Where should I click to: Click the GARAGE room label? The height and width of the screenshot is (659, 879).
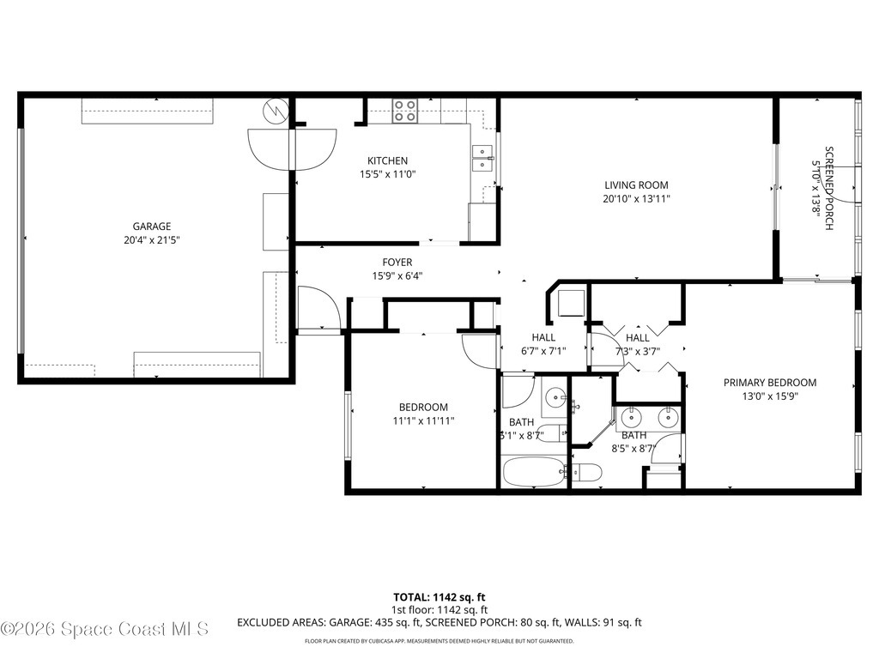tap(151, 227)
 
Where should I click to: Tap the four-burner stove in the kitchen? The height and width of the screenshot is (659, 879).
tap(405, 111)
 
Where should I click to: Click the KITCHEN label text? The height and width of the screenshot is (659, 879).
tap(387, 160)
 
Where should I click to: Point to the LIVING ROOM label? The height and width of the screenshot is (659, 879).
tap(635, 184)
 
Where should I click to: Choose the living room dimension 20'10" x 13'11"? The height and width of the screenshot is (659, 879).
tap(635, 199)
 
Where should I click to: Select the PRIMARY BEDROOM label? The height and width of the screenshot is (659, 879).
tap(769, 383)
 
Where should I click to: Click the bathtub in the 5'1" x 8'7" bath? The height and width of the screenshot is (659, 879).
tap(533, 471)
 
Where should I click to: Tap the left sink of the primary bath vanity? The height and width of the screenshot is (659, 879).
tap(632, 417)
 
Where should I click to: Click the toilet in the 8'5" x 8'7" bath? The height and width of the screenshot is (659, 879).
tap(586, 472)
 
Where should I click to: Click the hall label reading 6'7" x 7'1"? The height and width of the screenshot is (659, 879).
tap(543, 351)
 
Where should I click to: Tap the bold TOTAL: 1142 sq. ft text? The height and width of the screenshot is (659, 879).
tap(439, 596)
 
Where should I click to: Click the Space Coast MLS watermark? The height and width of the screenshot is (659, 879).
tap(105, 629)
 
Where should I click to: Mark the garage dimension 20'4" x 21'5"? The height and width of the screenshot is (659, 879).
tap(151, 241)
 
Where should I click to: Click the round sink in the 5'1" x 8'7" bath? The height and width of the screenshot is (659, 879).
tap(556, 397)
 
